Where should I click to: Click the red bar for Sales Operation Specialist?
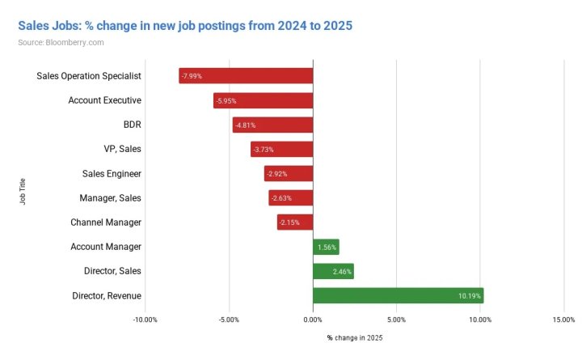[x=246, y=76]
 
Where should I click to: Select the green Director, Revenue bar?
[x=398, y=295]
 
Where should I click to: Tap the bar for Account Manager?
[x=326, y=247]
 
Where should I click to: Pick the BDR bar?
[x=272, y=125]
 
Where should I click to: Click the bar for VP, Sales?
[x=281, y=149]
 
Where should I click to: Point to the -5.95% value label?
[x=227, y=100]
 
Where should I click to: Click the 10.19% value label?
[x=469, y=296]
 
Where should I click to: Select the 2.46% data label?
[x=343, y=272]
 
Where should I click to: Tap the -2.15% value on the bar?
[x=289, y=222]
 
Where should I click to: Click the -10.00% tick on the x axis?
[x=145, y=320]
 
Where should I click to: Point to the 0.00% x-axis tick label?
[x=313, y=320]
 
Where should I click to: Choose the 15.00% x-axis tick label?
[x=563, y=320]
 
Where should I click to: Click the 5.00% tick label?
[x=396, y=320]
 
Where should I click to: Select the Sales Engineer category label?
[x=112, y=173]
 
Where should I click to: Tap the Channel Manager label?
[x=106, y=222]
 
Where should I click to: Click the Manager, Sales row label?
[x=110, y=198]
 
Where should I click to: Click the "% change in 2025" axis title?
[x=355, y=337]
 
